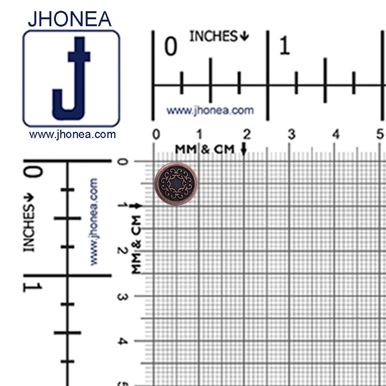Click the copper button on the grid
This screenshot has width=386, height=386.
pos(176,181)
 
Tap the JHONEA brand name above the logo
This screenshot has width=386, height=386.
pos(70,19)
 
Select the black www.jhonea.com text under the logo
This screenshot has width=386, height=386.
pos(73,135)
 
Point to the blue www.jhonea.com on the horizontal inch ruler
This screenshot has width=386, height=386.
pos(210,110)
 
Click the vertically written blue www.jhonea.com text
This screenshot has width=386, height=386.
pos(94,221)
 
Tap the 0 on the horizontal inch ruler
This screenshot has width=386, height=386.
pos(171,47)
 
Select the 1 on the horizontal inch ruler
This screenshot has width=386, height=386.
pos(284,47)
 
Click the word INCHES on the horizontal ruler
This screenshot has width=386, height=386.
pos(213,36)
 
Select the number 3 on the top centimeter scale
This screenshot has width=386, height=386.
pos(291,135)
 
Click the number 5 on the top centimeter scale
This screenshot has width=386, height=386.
pos(380,135)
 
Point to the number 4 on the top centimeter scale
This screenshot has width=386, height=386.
pos(336,135)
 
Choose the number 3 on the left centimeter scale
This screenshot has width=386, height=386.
pos(122,297)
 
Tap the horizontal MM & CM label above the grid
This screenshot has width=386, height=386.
pos(205,149)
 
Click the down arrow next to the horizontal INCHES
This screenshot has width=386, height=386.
pos(244,37)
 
